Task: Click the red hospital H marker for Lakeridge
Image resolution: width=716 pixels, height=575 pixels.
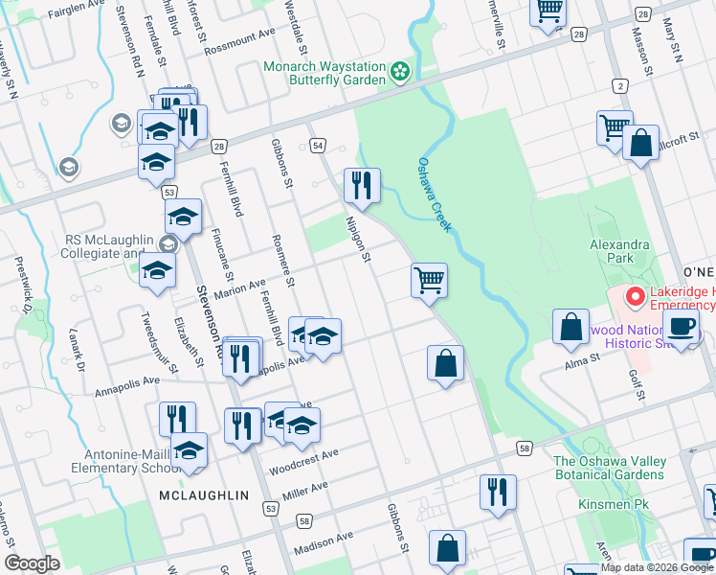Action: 633,297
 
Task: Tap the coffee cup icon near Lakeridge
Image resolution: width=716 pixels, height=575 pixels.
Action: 681,327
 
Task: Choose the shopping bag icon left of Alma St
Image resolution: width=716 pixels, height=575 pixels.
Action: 571,326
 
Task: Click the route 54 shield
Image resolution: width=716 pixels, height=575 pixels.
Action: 317,146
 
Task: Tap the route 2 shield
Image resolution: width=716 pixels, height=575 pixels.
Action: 621,87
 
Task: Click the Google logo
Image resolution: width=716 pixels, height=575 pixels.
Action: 32,563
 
